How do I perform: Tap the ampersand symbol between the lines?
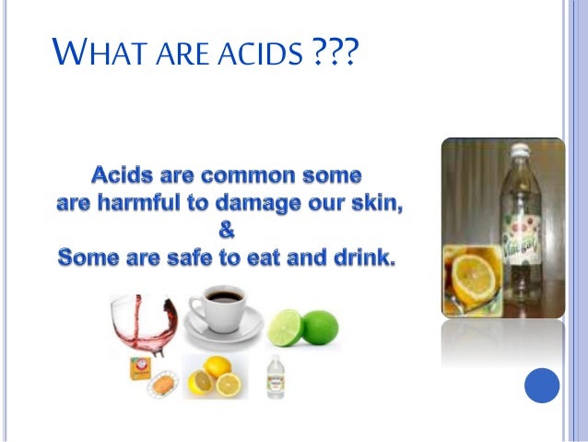pyautogui.click(x=226, y=231)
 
